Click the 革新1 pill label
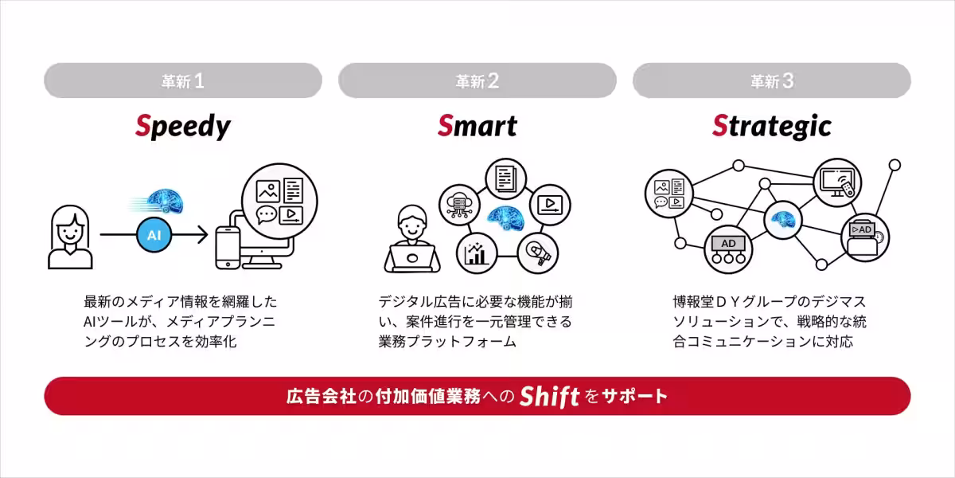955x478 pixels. pos(183,80)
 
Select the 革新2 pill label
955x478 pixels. pos(477,80)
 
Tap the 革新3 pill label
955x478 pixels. pos(772,80)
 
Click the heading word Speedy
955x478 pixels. pos(182,126)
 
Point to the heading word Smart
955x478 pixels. pos(477,126)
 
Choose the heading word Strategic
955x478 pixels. pos(771,126)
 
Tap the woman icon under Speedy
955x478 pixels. pos(70,237)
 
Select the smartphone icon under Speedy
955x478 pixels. pos(228,247)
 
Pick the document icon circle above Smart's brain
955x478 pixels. pos(505,179)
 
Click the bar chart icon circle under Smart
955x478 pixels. pos(477,253)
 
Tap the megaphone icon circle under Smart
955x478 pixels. pos(536,253)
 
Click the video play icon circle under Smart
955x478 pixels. pos(549,203)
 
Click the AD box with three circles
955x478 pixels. pos(728,249)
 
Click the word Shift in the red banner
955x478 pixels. pos(549,397)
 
